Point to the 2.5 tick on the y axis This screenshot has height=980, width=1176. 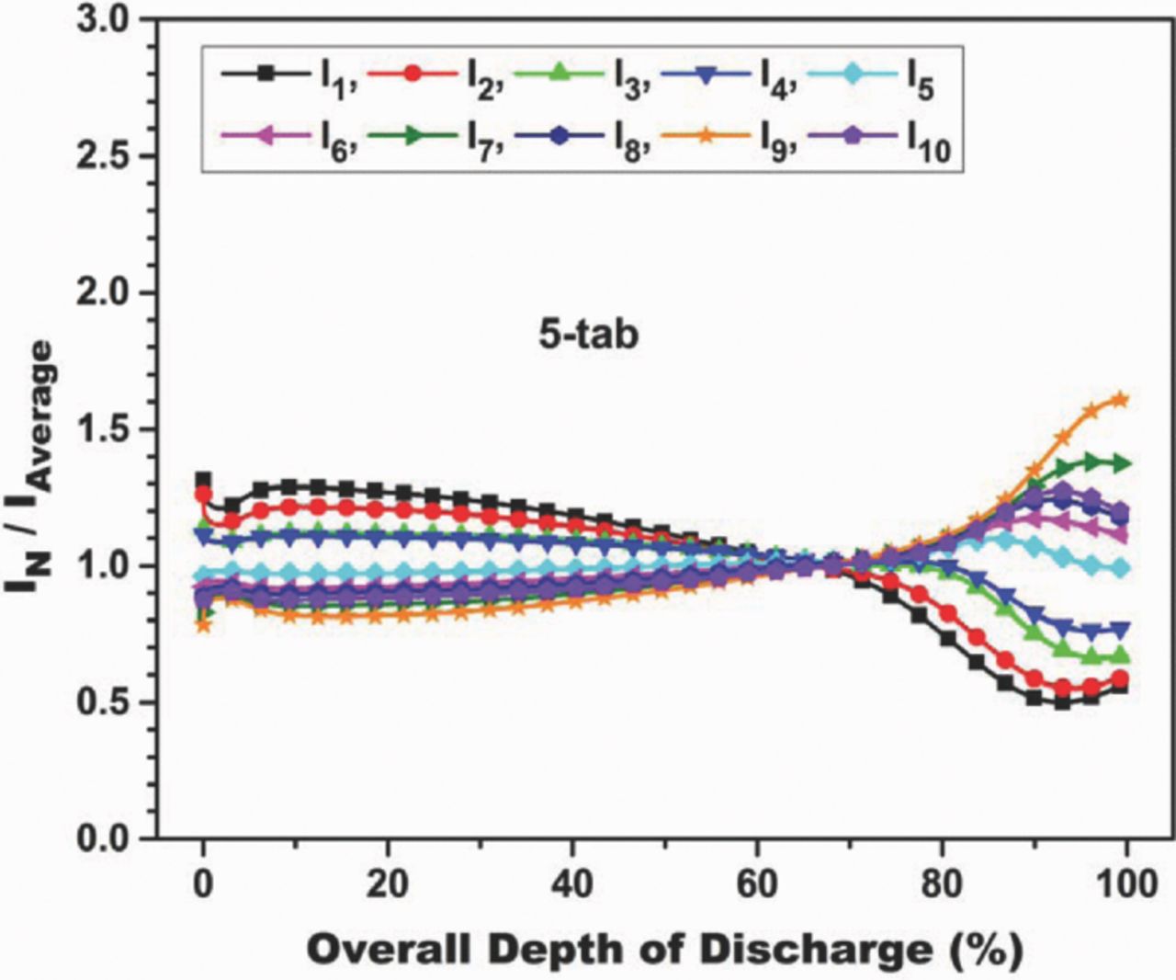108,155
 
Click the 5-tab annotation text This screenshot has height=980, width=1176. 588,335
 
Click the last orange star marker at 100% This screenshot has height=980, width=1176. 1120,399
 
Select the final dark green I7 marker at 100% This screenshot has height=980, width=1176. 1122,463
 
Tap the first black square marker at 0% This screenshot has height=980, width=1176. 203,480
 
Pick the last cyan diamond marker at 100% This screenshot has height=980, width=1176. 1120,568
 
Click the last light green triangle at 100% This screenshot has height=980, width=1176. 1120,655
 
